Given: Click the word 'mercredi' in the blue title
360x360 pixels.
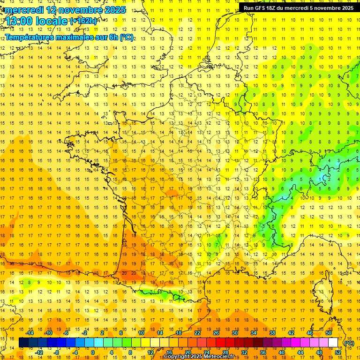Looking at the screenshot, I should click(x=24, y=10).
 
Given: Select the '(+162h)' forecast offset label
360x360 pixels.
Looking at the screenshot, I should click(x=83, y=21).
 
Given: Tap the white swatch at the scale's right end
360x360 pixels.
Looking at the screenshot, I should click(x=333, y=343).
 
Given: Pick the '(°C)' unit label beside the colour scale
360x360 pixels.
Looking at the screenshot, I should click(x=349, y=343).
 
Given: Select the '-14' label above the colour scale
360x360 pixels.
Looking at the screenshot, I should click(x=30, y=333).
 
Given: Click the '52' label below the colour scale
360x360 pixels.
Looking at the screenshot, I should click(x=338, y=352).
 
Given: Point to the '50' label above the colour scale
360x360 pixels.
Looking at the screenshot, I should click(x=329, y=333).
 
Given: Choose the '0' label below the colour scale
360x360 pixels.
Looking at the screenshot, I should click(x=92, y=352).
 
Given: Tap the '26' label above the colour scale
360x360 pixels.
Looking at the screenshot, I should click(x=216, y=333).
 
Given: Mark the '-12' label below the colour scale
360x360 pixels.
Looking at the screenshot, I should click(x=39, y=352).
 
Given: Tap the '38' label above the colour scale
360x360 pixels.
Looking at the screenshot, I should click(x=272, y=333).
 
